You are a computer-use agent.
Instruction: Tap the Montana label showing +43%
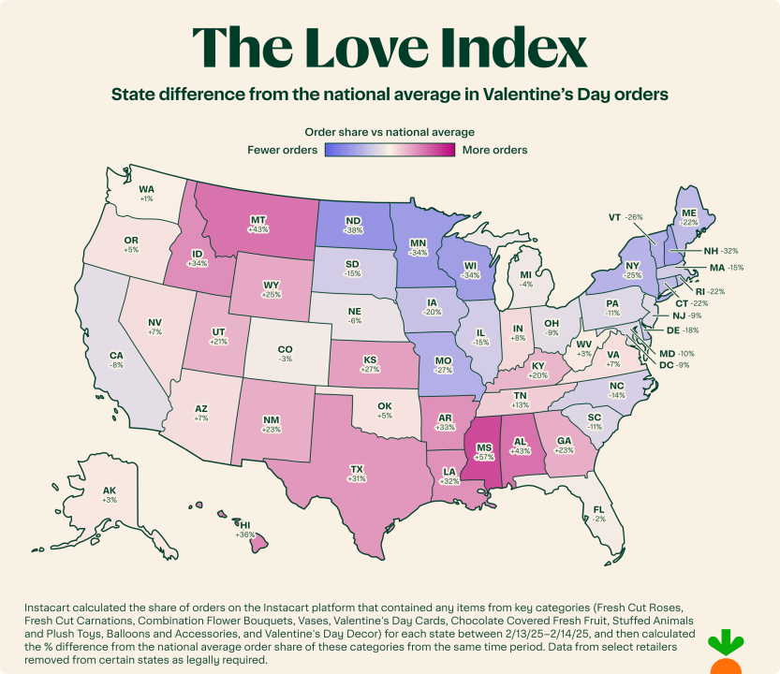(x=258, y=224)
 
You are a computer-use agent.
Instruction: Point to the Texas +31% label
(x=357, y=473)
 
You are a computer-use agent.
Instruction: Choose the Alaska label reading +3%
(x=110, y=495)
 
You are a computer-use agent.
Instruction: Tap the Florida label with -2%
(x=597, y=513)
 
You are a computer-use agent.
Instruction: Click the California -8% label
(x=117, y=360)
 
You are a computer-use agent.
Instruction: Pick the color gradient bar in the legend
(x=390, y=150)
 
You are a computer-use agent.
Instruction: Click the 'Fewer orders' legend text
(x=282, y=150)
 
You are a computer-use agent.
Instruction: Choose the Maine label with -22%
(x=690, y=217)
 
